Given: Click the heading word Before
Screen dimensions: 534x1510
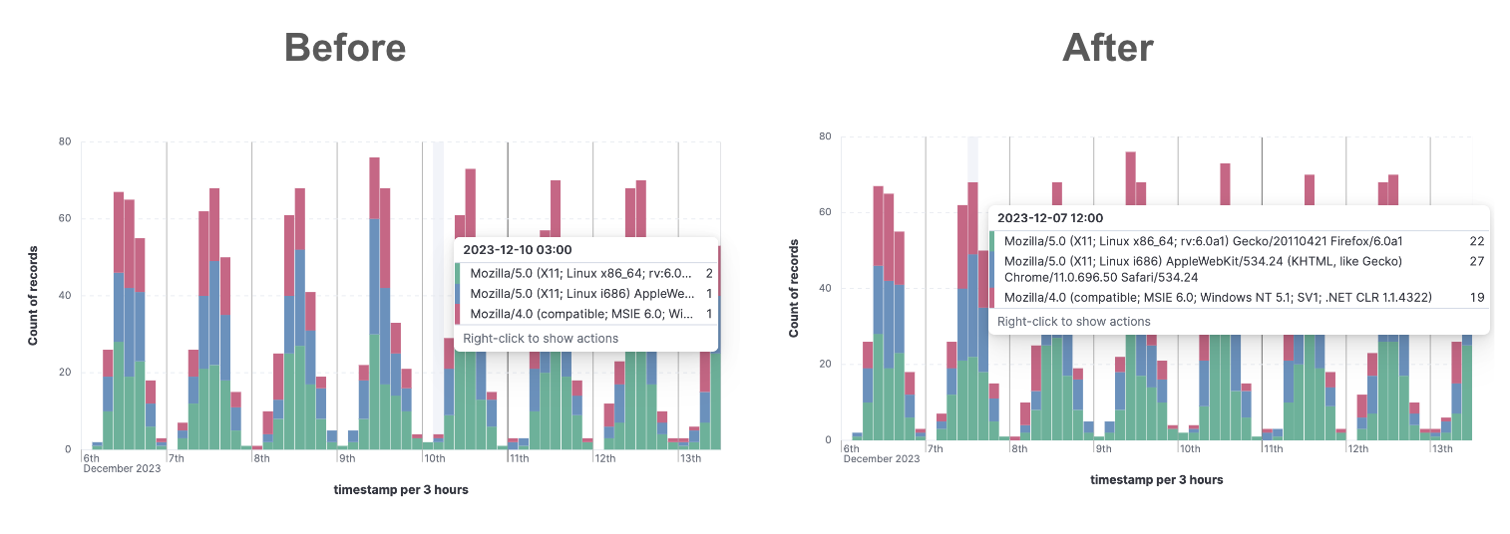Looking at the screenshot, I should [344, 47].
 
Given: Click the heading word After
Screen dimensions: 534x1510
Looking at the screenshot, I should [1107, 47].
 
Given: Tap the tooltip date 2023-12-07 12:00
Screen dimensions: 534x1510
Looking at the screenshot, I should [1050, 217].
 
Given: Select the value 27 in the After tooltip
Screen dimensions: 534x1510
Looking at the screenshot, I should [1477, 261].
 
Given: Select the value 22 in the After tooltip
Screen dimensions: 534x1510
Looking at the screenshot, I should [1477, 241].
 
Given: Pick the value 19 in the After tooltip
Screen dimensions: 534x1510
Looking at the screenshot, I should [1477, 297].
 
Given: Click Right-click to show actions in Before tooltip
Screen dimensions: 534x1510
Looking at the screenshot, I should [540, 338].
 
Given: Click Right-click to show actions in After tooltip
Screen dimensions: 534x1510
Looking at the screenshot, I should [1073, 322].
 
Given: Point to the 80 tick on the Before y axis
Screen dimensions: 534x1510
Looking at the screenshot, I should [64, 141].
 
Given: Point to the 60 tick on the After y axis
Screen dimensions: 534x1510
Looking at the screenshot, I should [825, 212].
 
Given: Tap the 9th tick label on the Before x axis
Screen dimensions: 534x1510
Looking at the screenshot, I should [346, 458].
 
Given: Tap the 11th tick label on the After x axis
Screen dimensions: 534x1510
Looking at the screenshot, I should [1273, 448].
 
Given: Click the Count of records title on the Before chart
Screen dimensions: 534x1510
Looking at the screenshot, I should [32, 296].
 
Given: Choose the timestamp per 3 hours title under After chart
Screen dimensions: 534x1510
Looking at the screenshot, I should [1156, 479].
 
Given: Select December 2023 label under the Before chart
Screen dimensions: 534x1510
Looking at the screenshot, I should [122, 468].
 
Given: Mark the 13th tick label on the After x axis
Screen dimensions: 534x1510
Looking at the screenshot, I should [1442, 448].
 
